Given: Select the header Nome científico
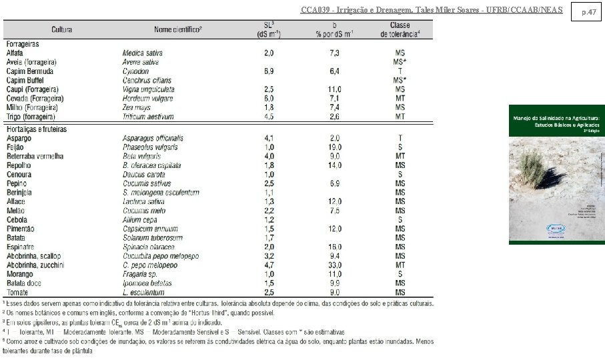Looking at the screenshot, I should pos(177,30).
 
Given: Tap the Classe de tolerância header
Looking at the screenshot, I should pos(400,29).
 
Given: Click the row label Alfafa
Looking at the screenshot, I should pos(16,52).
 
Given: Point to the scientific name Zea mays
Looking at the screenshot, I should pos(137,107).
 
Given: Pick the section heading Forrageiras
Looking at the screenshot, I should pos(23,43).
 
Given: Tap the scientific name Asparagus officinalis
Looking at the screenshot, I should pos(153,138).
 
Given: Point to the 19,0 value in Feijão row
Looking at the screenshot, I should pos(335,147).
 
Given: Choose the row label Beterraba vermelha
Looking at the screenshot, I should pos(35,156).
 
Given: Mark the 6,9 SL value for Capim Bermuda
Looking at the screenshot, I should pos(269,71).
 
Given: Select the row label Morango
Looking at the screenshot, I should pos(20,274).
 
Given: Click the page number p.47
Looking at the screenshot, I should pos(588,12).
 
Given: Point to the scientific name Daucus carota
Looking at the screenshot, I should pos(143,174).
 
